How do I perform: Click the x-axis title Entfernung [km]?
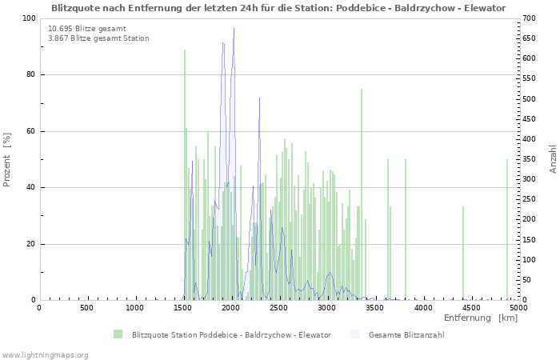coord(481,318)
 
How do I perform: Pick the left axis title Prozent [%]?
coord(7,159)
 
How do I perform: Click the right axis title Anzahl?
coord(553,159)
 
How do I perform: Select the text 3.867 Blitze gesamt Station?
coord(98,38)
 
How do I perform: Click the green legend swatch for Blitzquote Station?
coord(118,334)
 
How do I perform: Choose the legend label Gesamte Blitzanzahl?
coord(406,334)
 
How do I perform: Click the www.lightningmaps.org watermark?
coord(46,354)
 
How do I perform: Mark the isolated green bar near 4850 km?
coord(506,232)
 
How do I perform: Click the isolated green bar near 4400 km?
coord(462,254)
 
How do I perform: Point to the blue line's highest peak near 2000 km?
coord(234,30)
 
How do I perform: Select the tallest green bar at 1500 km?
coord(184,176)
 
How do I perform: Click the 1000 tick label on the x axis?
coord(134,308)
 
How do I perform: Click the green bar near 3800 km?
coord(405,232)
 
